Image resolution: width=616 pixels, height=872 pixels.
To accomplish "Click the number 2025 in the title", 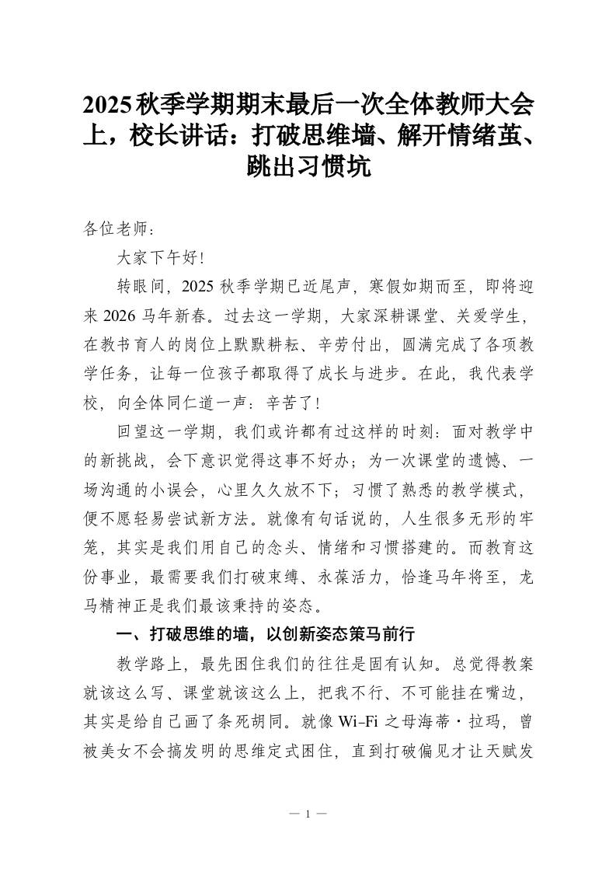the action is click(108, 105).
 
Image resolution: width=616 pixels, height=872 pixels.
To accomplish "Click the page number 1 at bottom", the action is click(308, 814).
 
